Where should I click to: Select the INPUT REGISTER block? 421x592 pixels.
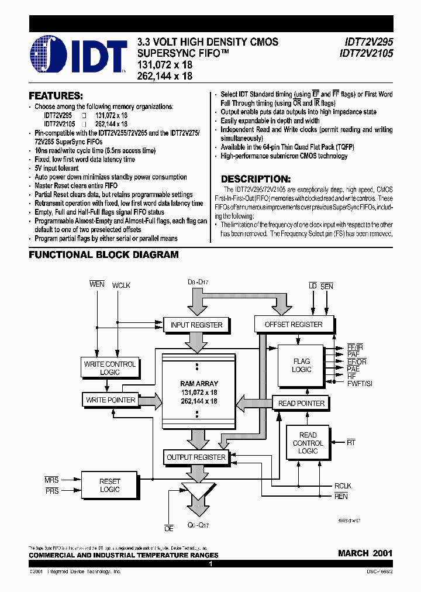tap(196, 325)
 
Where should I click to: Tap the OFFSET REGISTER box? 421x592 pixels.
tap(294, 324)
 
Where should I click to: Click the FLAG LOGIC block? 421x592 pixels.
tap(302, 366)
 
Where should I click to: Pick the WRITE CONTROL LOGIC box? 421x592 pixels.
tap(109, 368)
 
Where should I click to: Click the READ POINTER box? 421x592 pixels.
tap(301, 403)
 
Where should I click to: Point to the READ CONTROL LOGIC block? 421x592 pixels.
tap(308, 443)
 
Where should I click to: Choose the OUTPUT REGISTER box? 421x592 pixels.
tap(196, 457)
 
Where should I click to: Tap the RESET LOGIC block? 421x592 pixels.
tap(109, 485)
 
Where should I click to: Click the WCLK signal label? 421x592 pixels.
tap(121, 285)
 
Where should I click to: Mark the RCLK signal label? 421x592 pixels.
tap(343, 485)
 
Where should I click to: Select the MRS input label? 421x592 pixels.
tap(51, 480)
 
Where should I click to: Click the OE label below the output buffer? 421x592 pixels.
tap(168, 528)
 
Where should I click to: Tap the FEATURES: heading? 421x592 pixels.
tap(56, 95)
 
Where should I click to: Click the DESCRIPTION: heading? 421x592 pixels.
tap(256, 179)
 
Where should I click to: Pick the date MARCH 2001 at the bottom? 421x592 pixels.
tap(365, 553)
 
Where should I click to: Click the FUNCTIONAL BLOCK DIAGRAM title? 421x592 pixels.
tap(103, 255)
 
